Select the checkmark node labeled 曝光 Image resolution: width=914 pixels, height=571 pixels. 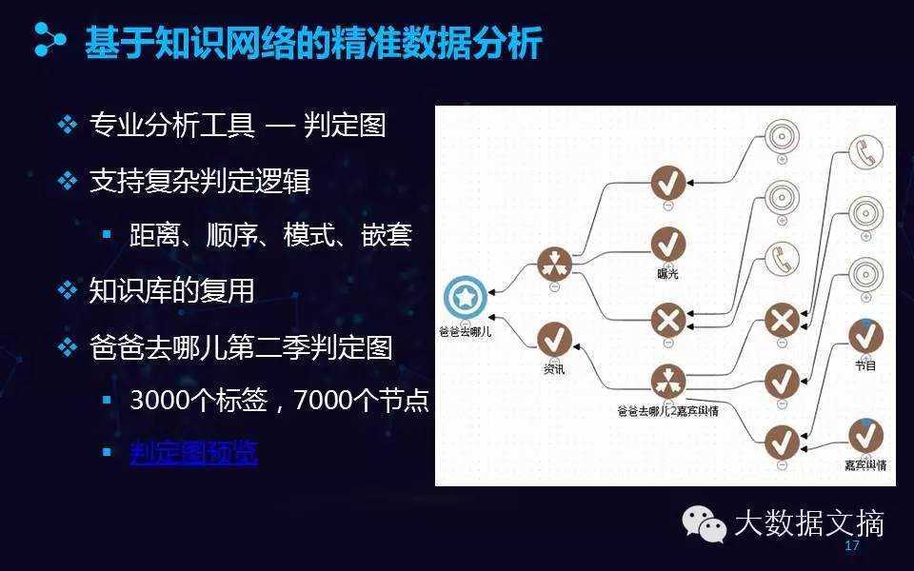668,244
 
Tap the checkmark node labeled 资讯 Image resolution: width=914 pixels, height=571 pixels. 554,340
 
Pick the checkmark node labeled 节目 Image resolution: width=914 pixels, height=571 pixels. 865,335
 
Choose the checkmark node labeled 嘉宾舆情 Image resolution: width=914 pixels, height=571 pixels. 865,436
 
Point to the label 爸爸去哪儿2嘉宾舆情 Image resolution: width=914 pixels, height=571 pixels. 667,410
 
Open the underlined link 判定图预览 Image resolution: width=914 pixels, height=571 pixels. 193,452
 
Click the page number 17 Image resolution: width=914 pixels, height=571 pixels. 852,546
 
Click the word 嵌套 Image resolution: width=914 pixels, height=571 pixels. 387,235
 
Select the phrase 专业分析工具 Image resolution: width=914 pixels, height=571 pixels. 172,125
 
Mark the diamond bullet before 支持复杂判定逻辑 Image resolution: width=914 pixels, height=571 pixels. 68,180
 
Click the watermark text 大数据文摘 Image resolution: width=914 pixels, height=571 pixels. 809,523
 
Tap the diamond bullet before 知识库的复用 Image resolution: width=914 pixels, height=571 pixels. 68,290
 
